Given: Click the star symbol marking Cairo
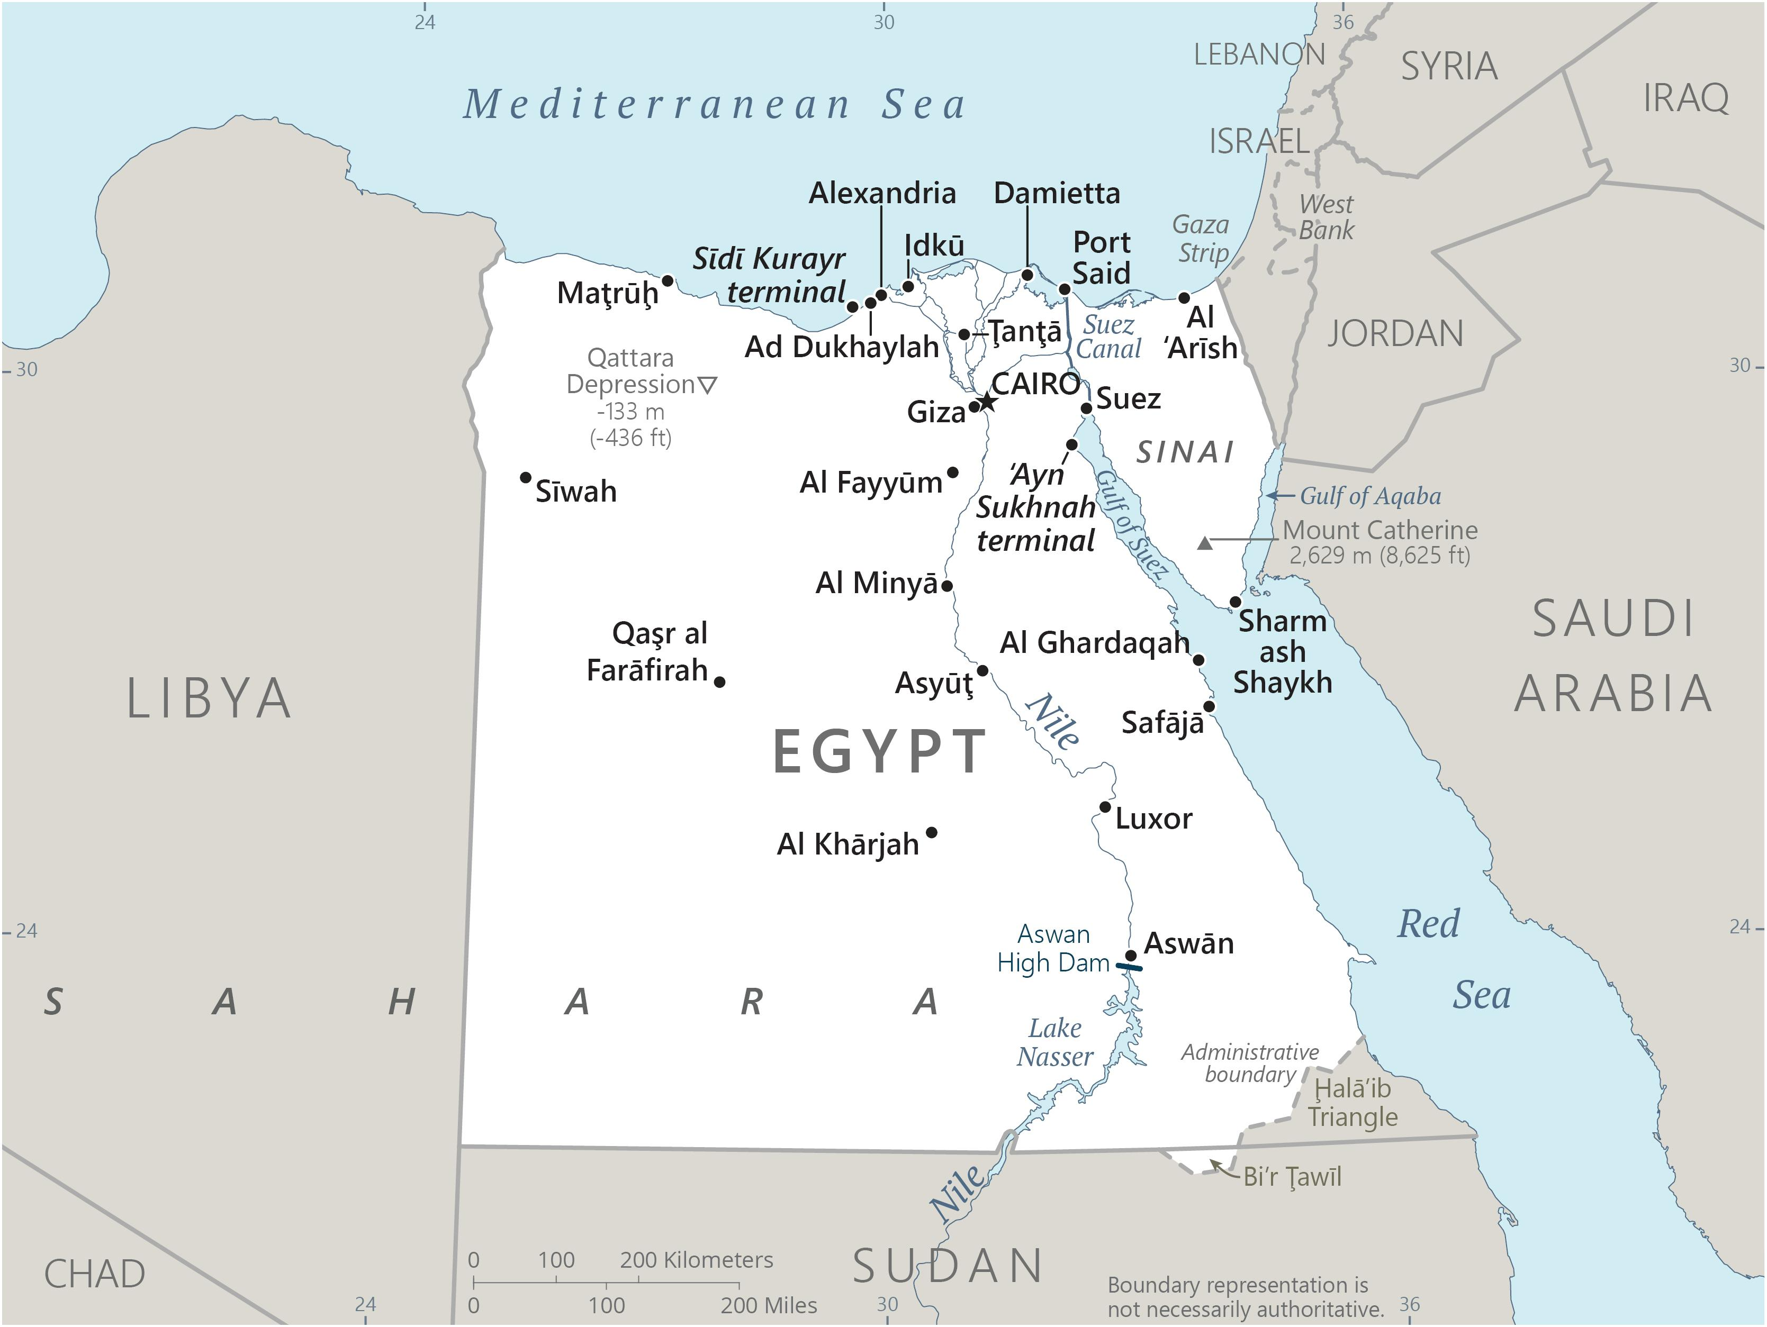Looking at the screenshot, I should pyautogui.click(x=987, y=401).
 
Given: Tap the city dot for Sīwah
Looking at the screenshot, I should pyautogui.click(x=526, y=477).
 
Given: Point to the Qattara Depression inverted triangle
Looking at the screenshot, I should pyautogui.click(x=708, y=385).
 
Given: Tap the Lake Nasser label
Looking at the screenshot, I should pyautogui.click(x=1055, y=1042).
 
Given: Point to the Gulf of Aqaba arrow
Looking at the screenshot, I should pyautogui.click(x=1281, y=496).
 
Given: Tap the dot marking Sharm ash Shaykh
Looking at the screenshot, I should pyautogui.click(x=1236, y=601).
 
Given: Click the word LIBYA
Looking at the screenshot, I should pyautogui.click(x=209, y=698).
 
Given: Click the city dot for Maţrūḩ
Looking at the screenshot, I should pyautogui.click(x=668, y=281).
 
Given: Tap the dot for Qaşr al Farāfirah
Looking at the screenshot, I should pyautogui.click(x=720, y=682).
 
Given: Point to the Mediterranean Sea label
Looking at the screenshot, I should pyautogui.click(x=715, y=105).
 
